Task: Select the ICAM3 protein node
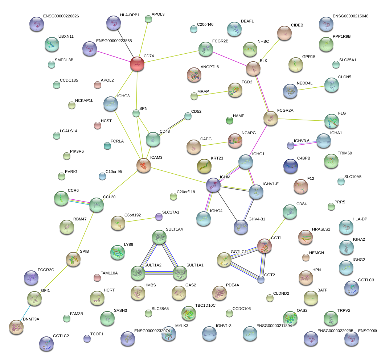coord(144,165)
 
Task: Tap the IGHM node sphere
coord(213,185)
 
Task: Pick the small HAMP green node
coord(229,120)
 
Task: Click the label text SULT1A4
coord(174,229)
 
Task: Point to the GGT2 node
coord(261,280)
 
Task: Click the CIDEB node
coord(284,33)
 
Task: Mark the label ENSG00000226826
coord(61,16)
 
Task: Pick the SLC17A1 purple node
coord(159,217)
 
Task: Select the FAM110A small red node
coord(97,278)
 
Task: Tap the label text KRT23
coord(217,158)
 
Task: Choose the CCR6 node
coord(61,198)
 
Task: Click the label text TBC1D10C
coord(205,306)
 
